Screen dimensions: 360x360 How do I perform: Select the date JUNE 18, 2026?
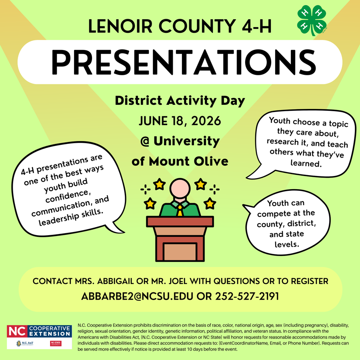(180, 120)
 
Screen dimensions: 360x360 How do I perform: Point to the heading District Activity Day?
(180, 100)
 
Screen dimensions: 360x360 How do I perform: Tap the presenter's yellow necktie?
(180, 210)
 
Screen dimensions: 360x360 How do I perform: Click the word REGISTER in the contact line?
(306, 281)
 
